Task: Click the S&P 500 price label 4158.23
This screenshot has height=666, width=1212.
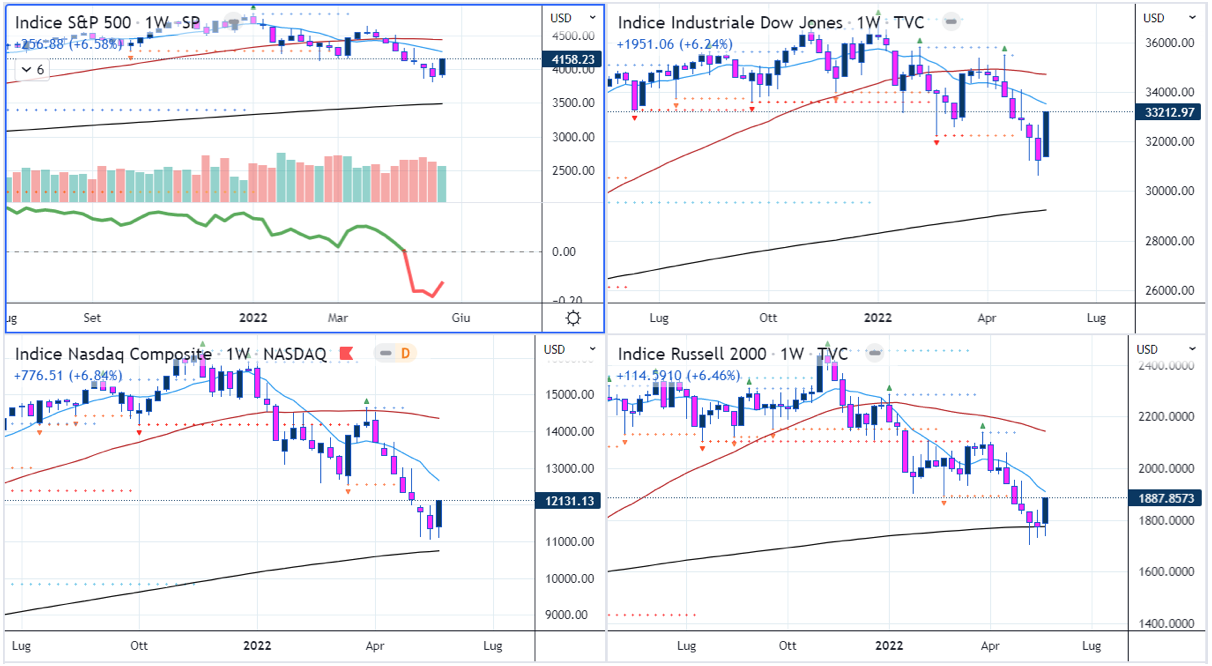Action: click(x=574, y=60)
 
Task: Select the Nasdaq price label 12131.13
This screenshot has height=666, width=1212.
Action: click(x=570, y=501)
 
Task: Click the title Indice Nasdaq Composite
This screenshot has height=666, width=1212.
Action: click(x=111, y=354)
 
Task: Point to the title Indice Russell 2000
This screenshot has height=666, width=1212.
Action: click(x=691, y=354)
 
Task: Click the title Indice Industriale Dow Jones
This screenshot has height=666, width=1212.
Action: click(x=729, y=23)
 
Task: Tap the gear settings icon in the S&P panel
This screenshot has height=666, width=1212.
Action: click(x=573, y=318)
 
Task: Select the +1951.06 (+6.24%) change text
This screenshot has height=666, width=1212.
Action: click(x=674, y=44)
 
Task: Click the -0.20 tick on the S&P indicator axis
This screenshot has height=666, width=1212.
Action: click(x=569, y=300)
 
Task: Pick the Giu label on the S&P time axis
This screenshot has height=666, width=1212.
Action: click(x=461, y=318)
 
